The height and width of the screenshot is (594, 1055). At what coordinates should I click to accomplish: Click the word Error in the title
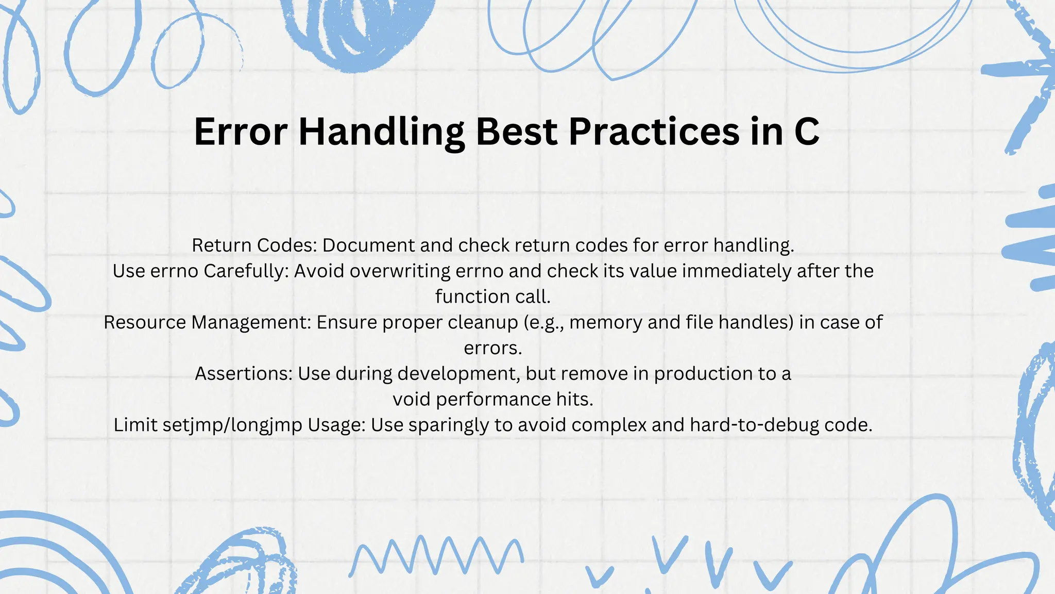(240, 131)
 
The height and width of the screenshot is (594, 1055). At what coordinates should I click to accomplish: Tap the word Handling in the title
(381, 133)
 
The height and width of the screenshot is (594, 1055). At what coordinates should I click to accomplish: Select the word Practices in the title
(654, 131)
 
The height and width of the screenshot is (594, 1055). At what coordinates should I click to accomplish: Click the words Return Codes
(254, 245)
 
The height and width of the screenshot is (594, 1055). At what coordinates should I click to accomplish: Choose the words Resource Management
(208, 322)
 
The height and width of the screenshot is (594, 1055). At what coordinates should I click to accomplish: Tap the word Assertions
(244, 373)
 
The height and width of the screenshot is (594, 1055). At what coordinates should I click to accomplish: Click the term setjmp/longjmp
(232, 425)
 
